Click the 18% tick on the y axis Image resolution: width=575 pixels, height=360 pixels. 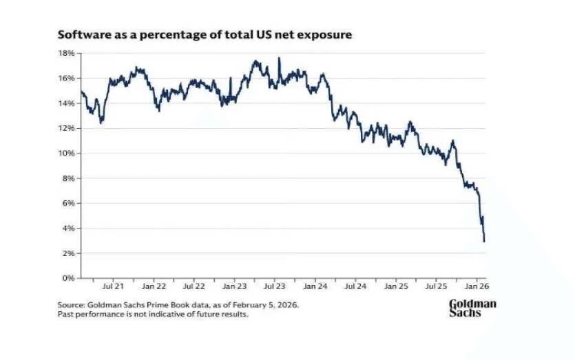[66, 53]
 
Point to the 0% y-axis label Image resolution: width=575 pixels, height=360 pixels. [68, 278]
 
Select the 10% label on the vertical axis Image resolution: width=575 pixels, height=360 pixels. [66, 153]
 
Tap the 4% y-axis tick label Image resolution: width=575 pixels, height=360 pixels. [68, 228]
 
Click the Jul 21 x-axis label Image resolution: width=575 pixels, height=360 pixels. [113, 286]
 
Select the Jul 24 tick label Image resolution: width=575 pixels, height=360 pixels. [356, 286]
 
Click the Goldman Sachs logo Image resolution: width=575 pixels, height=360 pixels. [472, 308]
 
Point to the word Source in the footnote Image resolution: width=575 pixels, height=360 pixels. [71, 304]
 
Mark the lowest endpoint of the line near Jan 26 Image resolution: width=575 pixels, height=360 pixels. [484, 242]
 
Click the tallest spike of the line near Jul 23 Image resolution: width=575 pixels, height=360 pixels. [279, 59]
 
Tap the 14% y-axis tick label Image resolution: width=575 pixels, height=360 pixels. [66, 103]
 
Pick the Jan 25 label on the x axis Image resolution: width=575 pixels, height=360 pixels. [397, 286]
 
